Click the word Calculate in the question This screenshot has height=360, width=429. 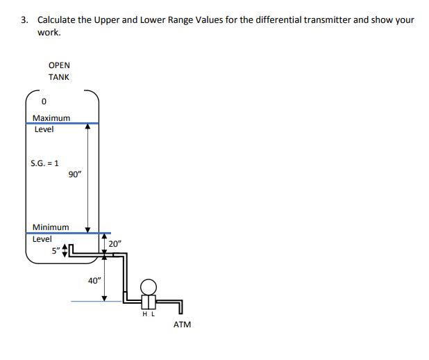[x=56, y=19]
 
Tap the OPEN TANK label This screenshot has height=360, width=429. [x=59, y=71]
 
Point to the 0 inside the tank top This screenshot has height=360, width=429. [x=44, y=103]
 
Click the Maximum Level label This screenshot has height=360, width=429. [x=51, y=123]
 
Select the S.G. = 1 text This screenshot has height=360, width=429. [x=44, y=164]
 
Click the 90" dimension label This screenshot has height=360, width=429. [x=75, y=174]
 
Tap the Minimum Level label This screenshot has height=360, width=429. [x=50, y=233]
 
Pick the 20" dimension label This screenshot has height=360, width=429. [x=115, y=244]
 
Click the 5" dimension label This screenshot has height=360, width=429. [x=55, y=251]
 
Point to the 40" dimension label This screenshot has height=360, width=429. [x=94, y=281]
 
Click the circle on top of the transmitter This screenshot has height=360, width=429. [x=147, y=286]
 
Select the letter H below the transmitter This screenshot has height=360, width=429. [x=144, y=313]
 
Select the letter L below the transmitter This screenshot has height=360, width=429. [x=152, y=313]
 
